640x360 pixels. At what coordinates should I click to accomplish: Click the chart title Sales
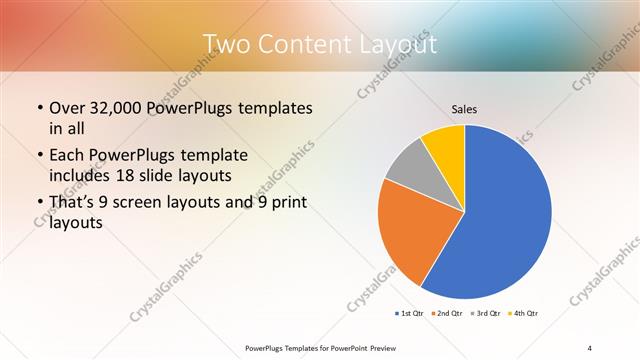pyautogui.click(x=464, y=107)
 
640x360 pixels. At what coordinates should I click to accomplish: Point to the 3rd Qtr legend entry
pyautogui.click(x=486, y=314)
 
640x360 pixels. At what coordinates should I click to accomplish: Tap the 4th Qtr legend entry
pyautogui.click(x=523, y=314)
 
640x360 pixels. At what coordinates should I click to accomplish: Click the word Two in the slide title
pyautogui.click(x=226, y=45)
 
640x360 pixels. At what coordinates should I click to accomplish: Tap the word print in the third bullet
pyautogui.click(x=287, y=204)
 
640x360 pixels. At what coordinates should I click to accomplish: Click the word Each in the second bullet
pyautogui.click(x=68, y=156)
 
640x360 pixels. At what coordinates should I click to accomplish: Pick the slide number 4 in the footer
pyautogui.click(x=590, y=348)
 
